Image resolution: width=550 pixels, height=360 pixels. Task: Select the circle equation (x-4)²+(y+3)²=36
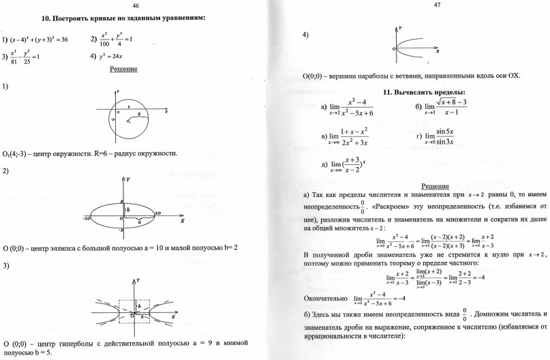[35, 40]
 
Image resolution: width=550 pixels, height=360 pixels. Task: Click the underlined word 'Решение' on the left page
[124, 69]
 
